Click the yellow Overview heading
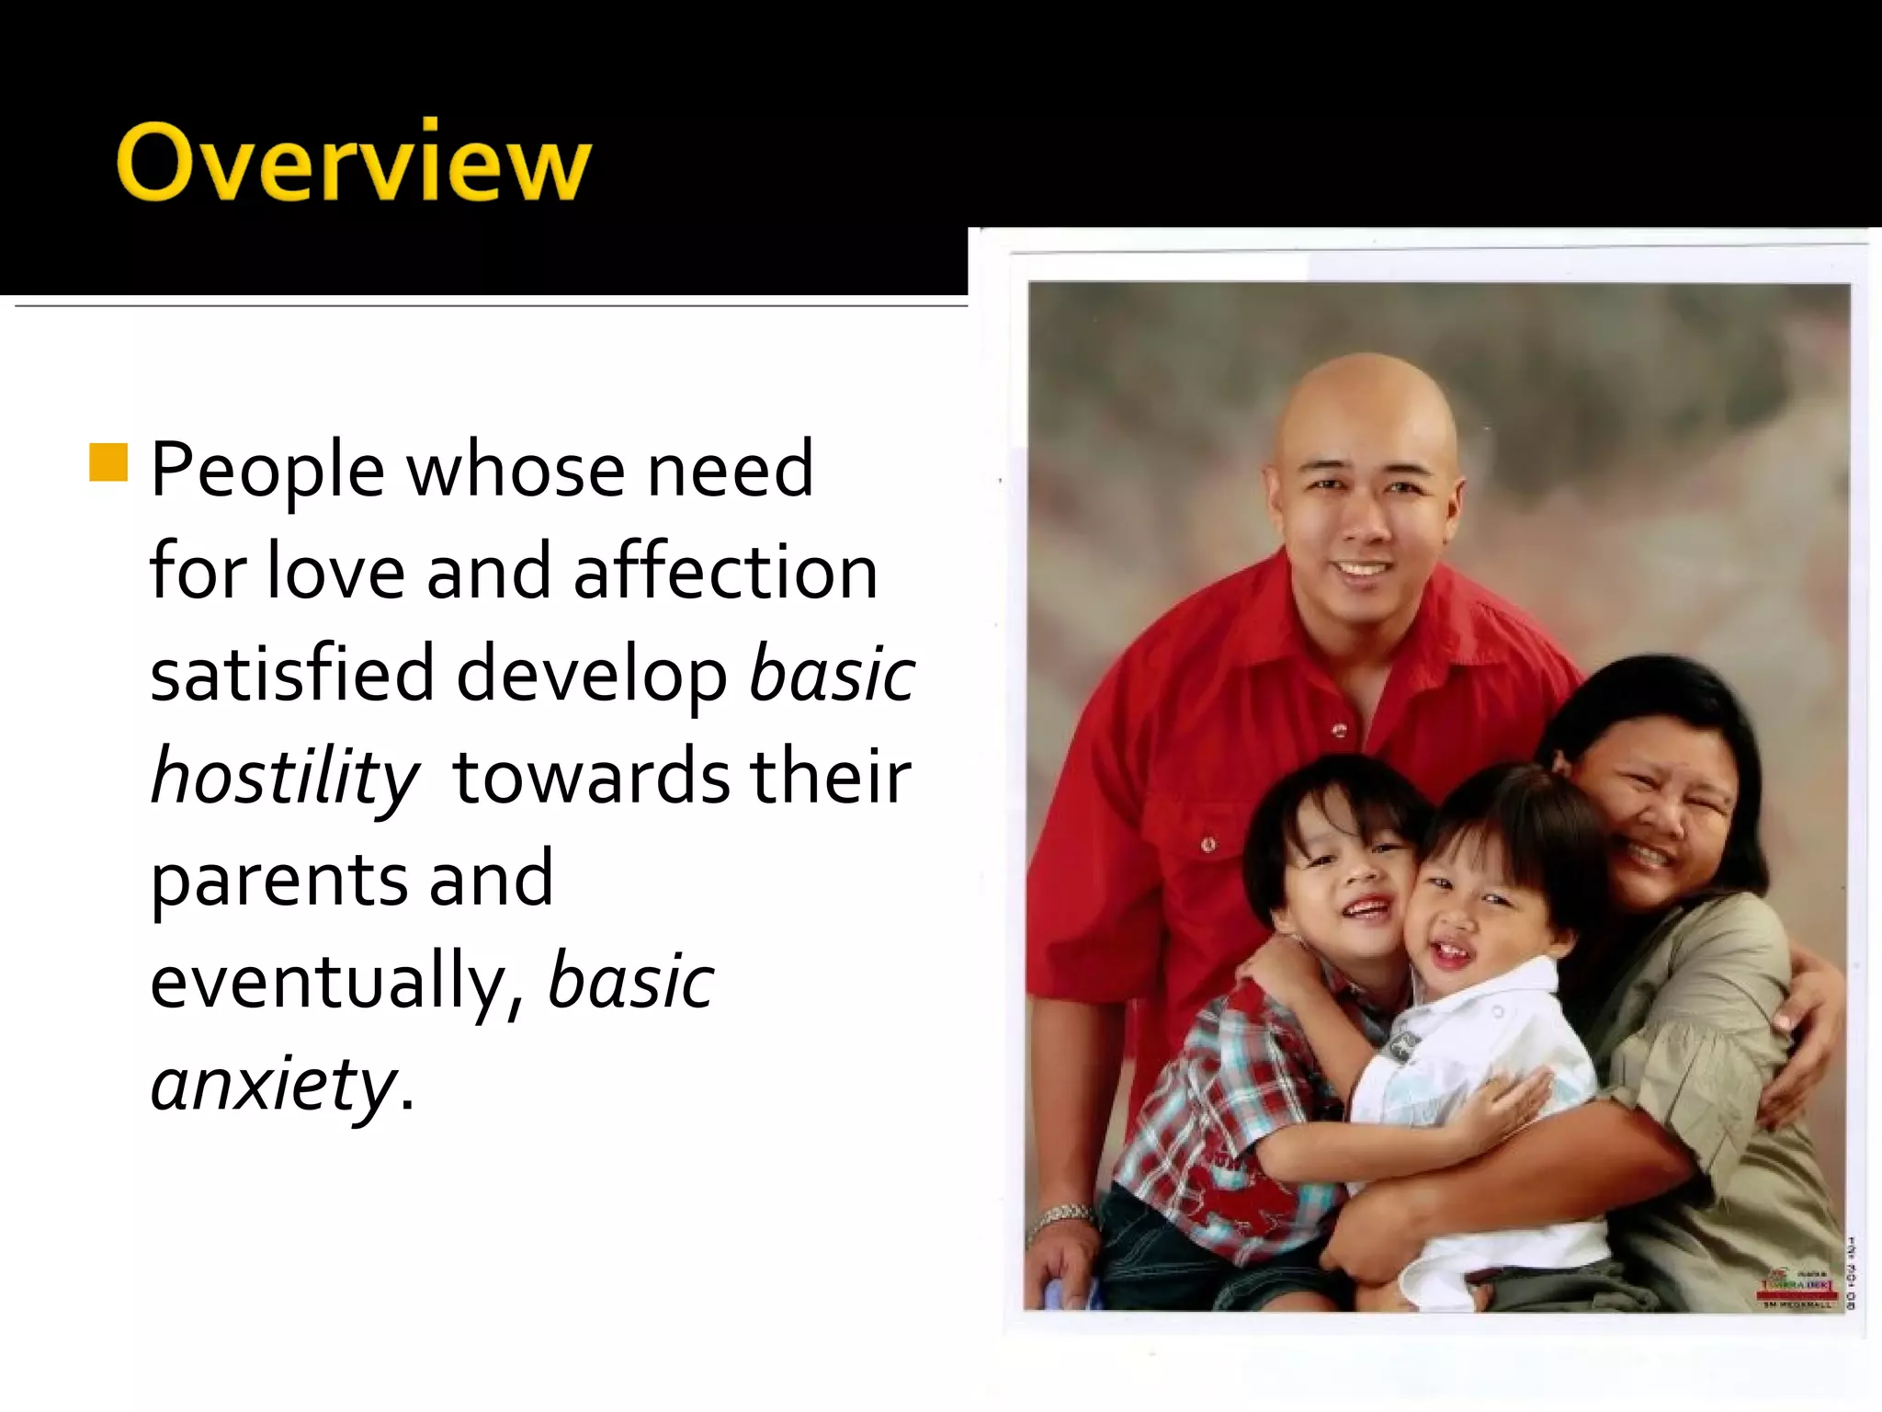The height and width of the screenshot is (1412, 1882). [354, 162]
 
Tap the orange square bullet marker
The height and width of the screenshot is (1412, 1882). [108, 462]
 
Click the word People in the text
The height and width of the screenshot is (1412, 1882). [266, 471]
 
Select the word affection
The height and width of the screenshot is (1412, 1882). [726, 572]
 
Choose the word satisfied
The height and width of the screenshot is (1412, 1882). [291, 673]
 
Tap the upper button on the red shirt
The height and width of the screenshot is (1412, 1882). [1339, 731]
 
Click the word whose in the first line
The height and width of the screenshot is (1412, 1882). [515, 471]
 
